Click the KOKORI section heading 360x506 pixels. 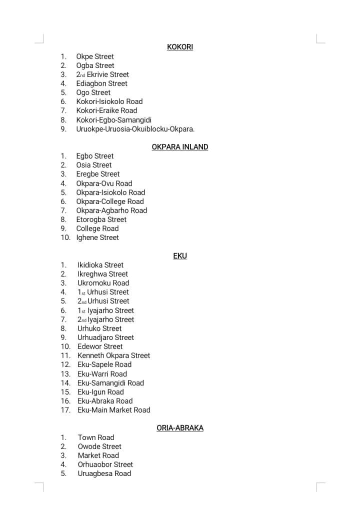pos(179,47)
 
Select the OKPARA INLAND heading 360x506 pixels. pos(179,147)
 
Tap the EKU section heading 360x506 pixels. pos(179,255)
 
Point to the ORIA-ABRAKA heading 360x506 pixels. pos(179,428)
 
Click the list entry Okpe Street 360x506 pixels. pos(95,56)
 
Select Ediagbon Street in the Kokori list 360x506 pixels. pos(101,83)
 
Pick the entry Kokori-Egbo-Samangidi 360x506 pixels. pos(113,120)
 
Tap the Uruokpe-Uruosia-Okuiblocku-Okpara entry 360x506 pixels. pos(135,129)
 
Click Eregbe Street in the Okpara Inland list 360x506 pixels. pos(98,174)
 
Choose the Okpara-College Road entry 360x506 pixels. pos(109,201)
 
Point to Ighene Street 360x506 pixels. pos(97,237)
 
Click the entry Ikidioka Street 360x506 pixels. pos(100,265)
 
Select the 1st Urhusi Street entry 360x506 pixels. pos(103,292)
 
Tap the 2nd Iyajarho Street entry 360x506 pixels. pos(105,319)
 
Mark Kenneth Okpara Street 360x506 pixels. pos(113,355)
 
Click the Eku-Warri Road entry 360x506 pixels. pos(102,374)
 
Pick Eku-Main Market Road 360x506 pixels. pos(113,410)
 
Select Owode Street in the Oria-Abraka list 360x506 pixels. pos(99,446)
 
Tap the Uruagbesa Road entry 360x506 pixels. pos(104,473)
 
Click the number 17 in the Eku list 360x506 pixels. pos(65,410)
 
